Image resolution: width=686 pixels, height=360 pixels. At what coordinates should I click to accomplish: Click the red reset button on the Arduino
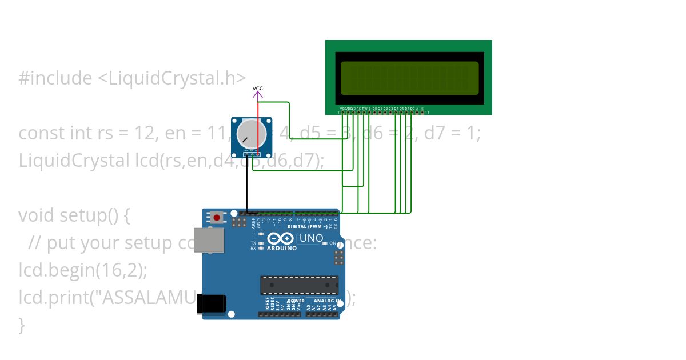(217, 217)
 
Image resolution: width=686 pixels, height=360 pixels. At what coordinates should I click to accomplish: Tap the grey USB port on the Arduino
(209, 240)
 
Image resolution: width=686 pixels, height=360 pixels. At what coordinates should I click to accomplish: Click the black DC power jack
(210, 304)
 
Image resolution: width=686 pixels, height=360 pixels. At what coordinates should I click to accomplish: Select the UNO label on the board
(312, 238)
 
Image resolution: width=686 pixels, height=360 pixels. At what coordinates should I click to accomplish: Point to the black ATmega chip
(299, 285)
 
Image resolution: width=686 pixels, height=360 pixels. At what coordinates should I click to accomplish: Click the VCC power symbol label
(258, 89)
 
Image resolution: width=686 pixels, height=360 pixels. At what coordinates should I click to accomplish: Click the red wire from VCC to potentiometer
(258, 123)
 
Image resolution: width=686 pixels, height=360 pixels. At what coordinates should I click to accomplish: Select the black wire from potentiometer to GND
(247, 183)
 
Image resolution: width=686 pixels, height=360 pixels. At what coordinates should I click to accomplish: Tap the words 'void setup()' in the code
(74, 215)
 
